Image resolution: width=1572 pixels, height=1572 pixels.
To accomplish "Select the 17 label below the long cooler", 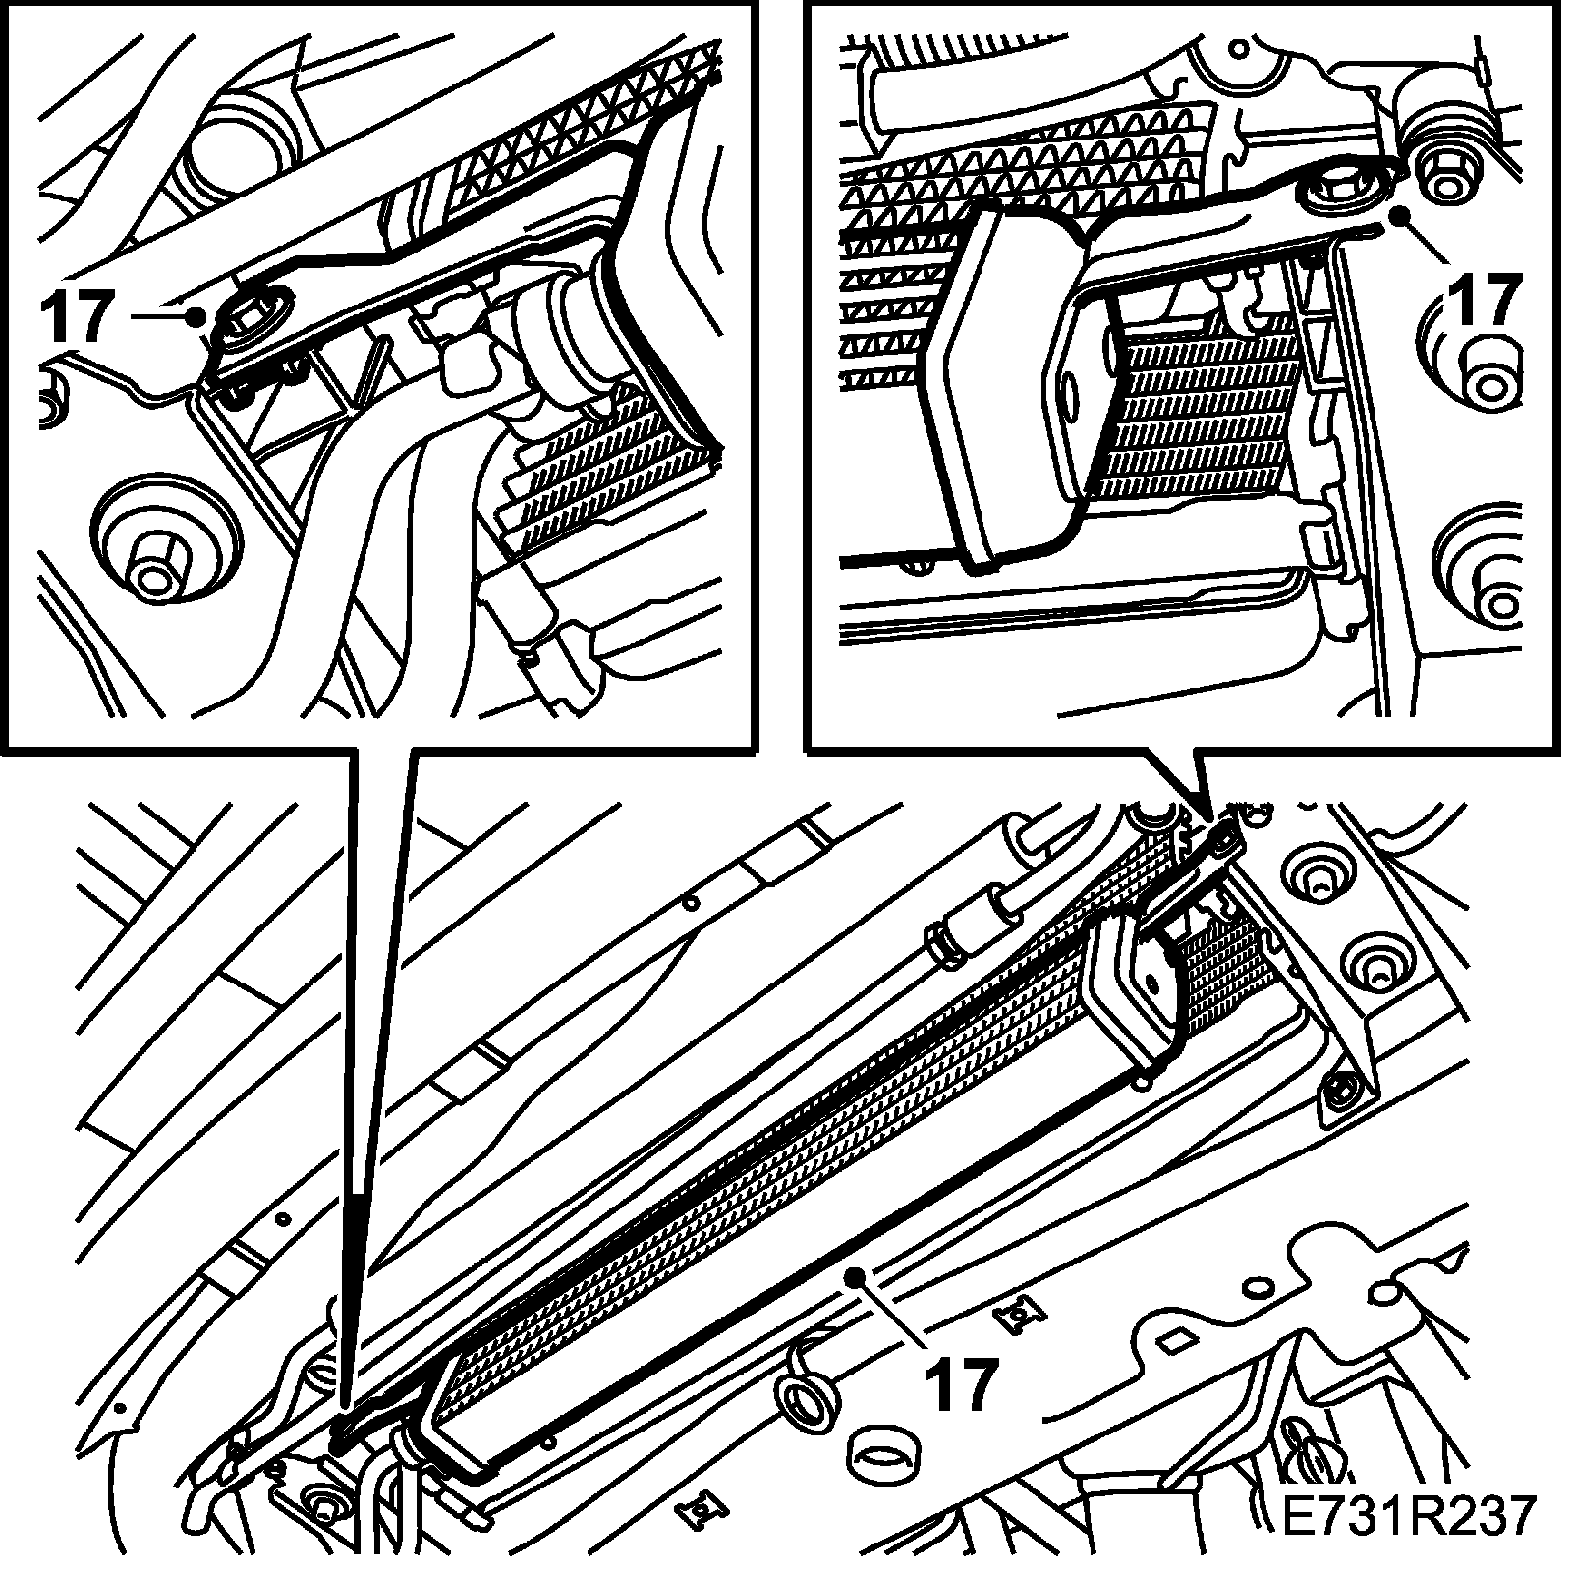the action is [960, 1383].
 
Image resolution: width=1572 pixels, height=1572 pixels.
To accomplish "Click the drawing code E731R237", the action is [1408, 1516].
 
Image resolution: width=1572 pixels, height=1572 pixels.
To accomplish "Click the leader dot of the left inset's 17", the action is [197, 315].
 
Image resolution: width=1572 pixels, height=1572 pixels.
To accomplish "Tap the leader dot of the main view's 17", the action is [855, 1275].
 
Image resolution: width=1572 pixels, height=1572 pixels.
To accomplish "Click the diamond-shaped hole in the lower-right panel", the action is [1176, 1339].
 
